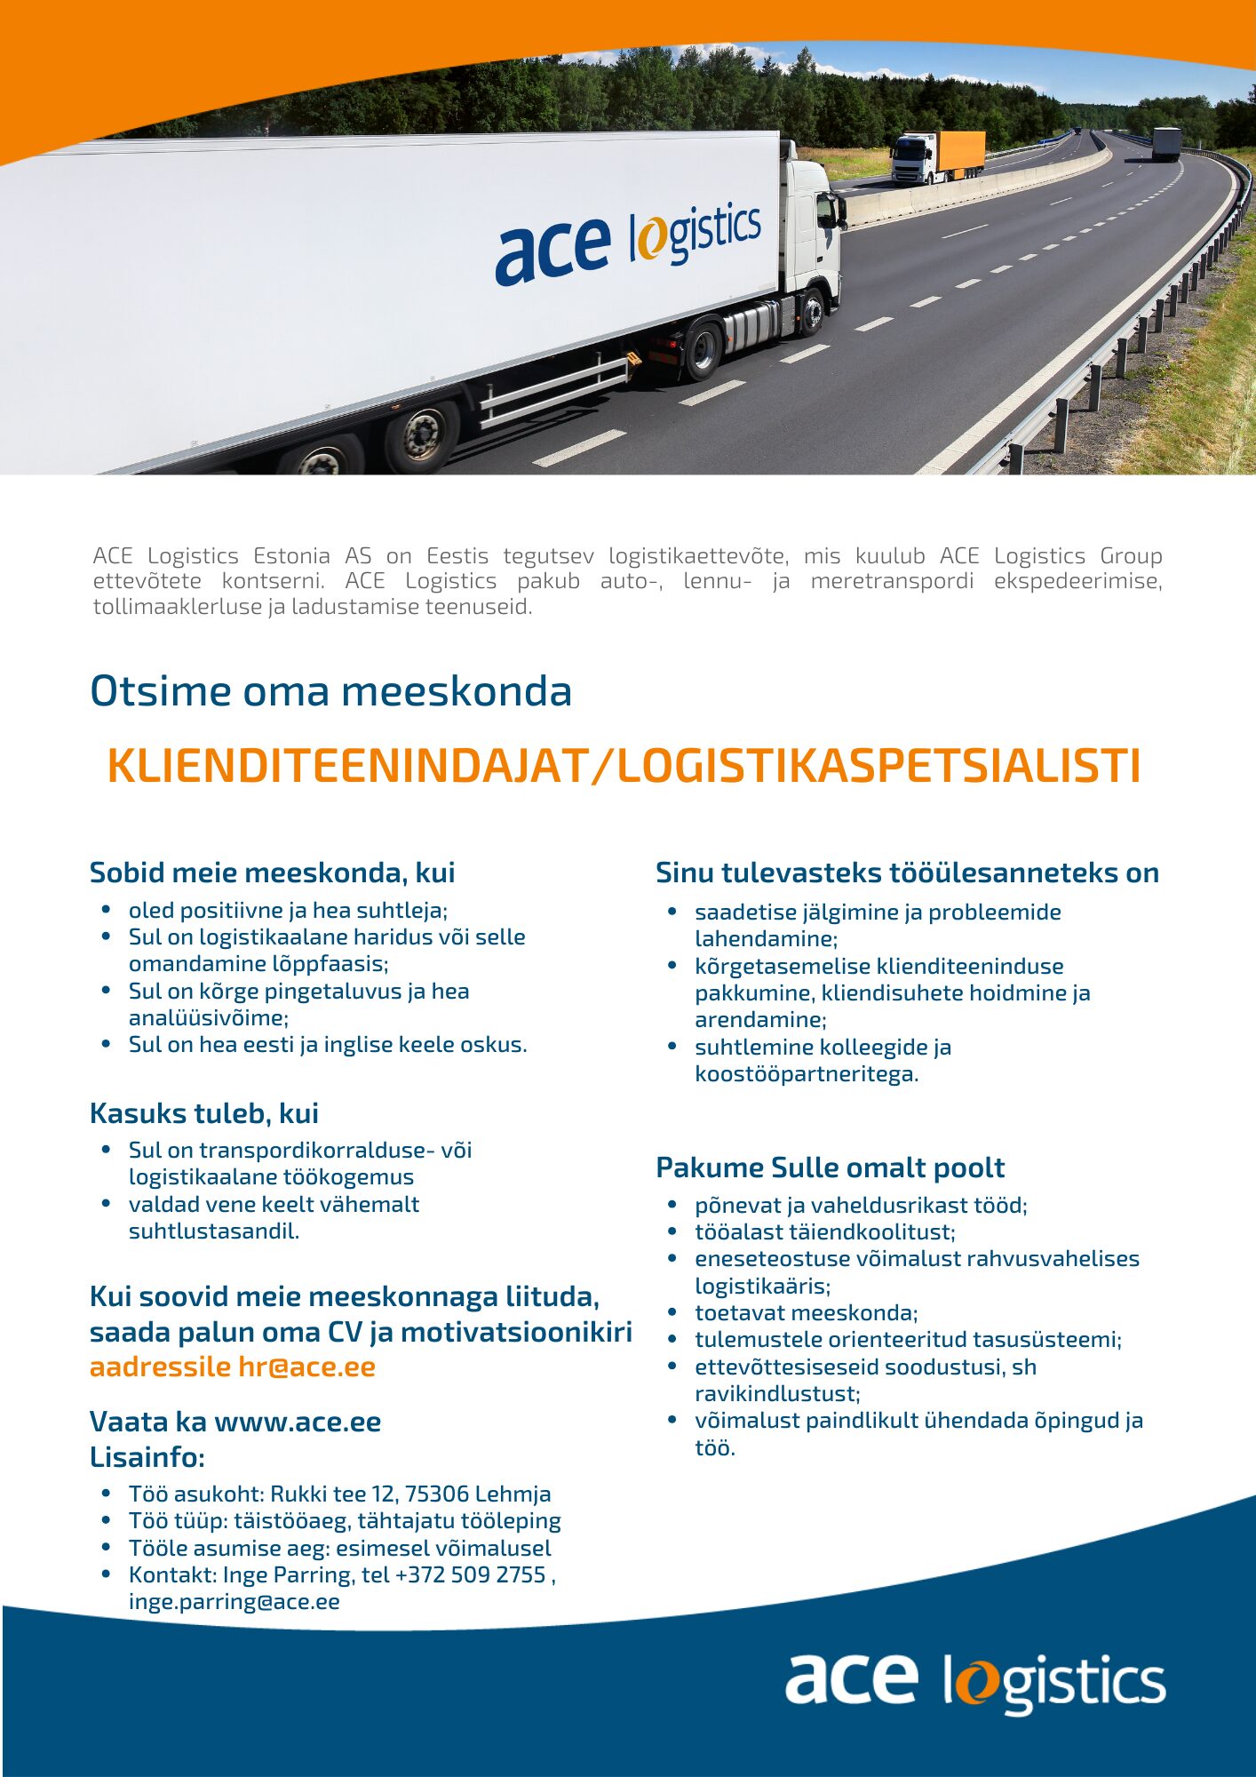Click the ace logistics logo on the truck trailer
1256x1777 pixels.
click(628, 241)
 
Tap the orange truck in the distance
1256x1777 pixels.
click(939, 156)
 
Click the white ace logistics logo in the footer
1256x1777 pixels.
click(974, 1681)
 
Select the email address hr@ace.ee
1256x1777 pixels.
click(306, 1367)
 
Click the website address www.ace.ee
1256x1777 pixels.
click(298, 1422)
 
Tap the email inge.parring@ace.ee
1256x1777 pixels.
click(234, 1601)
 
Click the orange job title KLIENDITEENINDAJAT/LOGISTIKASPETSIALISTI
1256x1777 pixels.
click(624, 766)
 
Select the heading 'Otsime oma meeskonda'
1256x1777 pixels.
click(330, 691)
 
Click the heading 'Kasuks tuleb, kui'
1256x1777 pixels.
click(203, 1113)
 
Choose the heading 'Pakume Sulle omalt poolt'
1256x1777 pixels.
click(830, 1167)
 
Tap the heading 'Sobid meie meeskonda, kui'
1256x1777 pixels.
click(272, 873)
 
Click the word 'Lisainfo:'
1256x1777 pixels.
click(147, 1457)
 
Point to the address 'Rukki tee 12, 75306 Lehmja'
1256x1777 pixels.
click(410, 1494)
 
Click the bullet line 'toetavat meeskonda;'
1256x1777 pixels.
click(806, 1312)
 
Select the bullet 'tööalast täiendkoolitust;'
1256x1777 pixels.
click(824, 1231)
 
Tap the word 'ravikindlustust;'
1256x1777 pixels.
click(777, 1393)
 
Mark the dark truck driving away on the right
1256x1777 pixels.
click(1166, 144)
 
